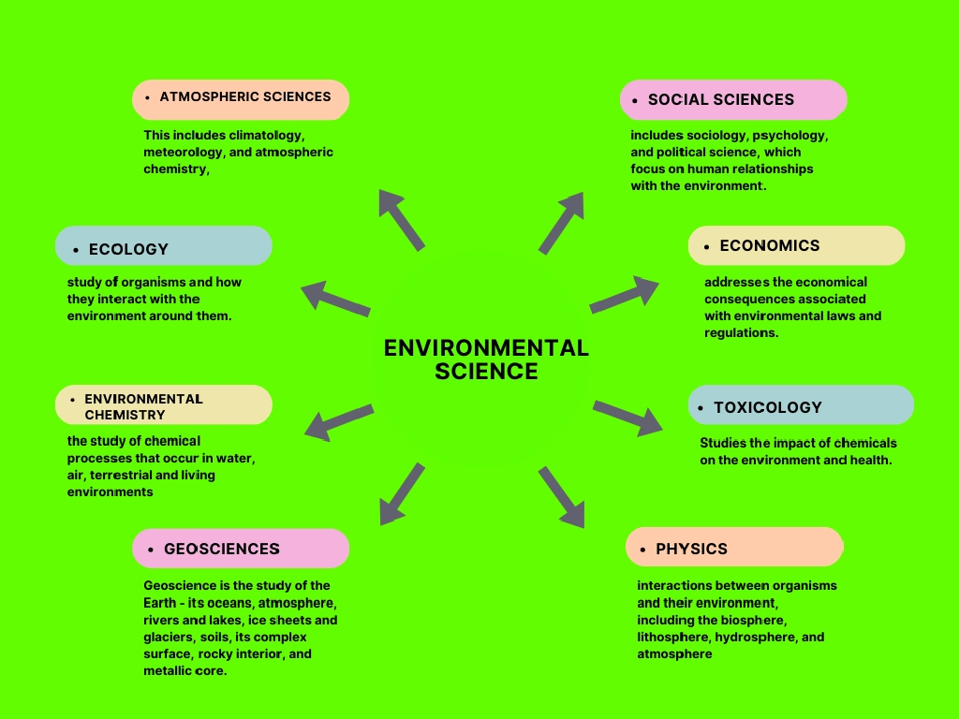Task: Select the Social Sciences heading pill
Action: click(x=733, y=99)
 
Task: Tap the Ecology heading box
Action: click(x=163, y=246)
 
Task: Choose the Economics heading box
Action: click(x=796, y=245)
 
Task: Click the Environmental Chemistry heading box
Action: click(x=163, y=405)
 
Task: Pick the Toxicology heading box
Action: click(x=801, y=405)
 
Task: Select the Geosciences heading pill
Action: click(x=241, y=549)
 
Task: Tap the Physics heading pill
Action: click(x=734, y=547)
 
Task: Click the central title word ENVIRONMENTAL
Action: click(x=486, y=348)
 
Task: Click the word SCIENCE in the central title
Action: click(x=486, y=372)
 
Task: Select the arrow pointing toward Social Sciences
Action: click(x=562, y=222)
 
